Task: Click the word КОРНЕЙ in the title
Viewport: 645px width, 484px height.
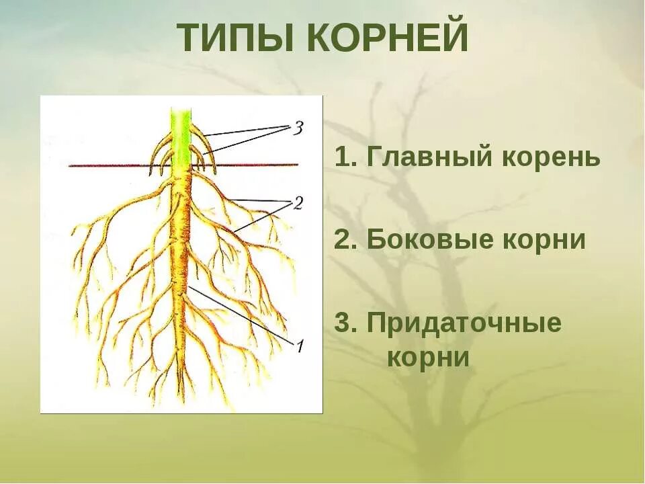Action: pyautogui.click(x=388, y=38)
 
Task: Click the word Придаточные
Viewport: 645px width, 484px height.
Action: pyautogui.click(x=464, y=323)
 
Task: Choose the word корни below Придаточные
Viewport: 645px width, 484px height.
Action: pyautogui.click(x=428, y=356)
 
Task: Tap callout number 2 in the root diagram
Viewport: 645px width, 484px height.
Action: pyautogui.click(x=297, y=202)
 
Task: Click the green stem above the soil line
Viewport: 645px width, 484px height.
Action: pyautogui.click(x=179, y=134)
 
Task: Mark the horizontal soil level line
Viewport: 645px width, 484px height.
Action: pyautogui.click(x=255, y=165)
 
